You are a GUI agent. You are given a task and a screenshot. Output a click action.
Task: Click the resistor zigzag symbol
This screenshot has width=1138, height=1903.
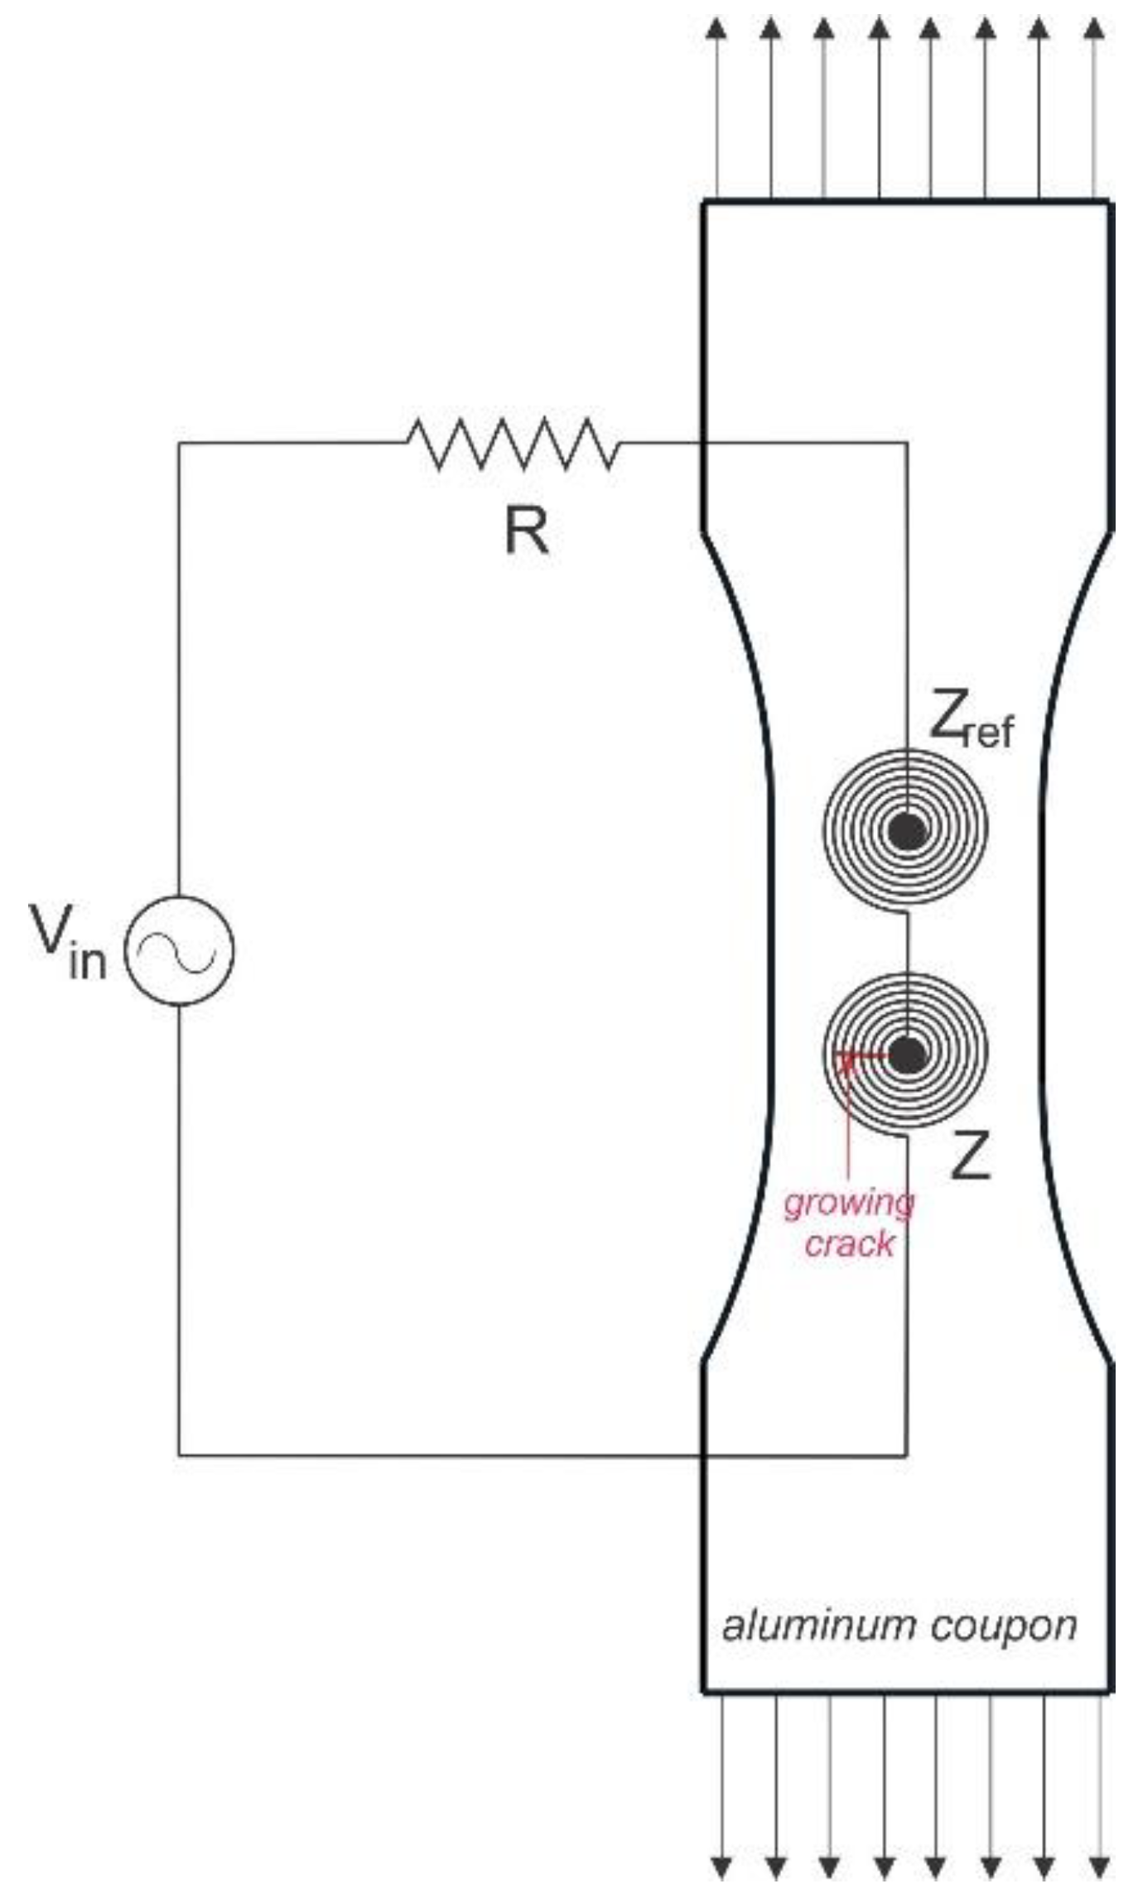point(513,444)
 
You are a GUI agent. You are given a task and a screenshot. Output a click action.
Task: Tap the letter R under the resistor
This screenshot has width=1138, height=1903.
point(526,531)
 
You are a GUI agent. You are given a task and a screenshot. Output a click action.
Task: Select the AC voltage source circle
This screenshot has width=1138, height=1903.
point(180,951)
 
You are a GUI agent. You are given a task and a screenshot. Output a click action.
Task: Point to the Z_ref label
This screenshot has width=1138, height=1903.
point(970,723)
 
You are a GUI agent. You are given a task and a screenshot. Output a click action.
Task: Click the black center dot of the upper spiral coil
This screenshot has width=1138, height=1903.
point(906,831)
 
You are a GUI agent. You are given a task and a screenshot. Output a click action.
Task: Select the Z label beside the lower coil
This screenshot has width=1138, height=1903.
point(970,1158)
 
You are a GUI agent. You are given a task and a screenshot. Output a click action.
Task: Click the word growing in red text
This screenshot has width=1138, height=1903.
point(849,1203)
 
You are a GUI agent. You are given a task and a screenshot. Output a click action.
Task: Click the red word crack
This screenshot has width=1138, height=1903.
point(850,1244)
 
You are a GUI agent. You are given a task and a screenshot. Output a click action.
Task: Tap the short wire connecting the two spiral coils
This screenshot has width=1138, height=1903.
point(908,941)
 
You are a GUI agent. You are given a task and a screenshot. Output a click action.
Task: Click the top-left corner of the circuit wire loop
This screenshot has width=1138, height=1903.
point(180,444)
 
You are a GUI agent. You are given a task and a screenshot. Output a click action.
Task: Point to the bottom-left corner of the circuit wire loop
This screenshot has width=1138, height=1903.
point(180,1454)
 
